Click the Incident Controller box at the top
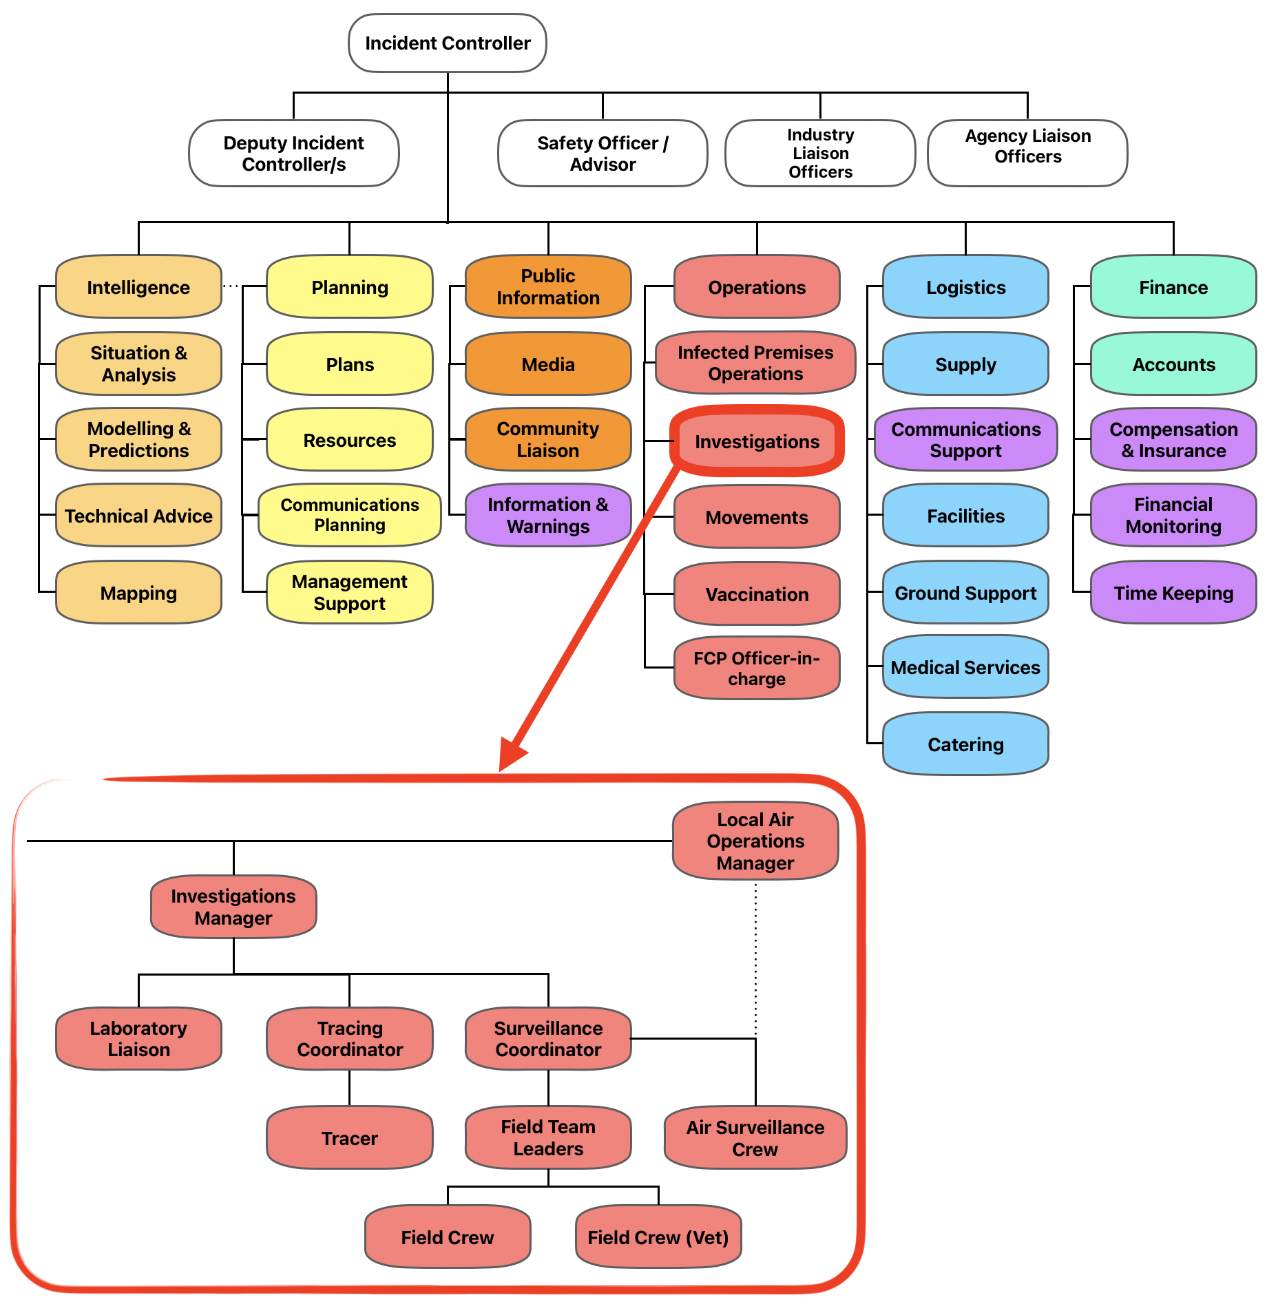point(448,43)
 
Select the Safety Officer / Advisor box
point(603,154)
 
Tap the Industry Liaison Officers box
point(820,154)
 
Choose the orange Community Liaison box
point(548,439)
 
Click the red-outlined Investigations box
point(757,441)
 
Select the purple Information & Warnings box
point(548,515)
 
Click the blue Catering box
point(965,744)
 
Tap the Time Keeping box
point(1173,593)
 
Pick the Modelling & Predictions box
point(138,439)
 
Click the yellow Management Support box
point(350,592)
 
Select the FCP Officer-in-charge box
point(757,668)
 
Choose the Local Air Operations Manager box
point(755,841)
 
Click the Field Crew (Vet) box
point(658,1237)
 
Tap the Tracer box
point(350,1138)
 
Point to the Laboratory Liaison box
point(138,1038)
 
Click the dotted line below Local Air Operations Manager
point(755,957)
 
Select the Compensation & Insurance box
point(1173,439)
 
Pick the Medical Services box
point(965,667)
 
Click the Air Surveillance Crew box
point(755,1138)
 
